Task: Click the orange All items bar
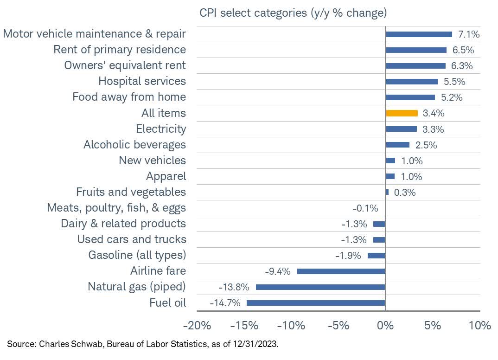[402, 113]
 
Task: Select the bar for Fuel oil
[316, 303]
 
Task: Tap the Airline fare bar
[341, 271]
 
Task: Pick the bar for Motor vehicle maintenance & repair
[419, 34]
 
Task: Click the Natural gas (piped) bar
[320, 287]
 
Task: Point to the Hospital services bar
[411, 82]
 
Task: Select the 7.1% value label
[468, 34]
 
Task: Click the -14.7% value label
[225, 303]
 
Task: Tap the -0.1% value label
[366, 208]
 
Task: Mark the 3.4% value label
[434, 113]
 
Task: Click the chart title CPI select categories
[293, 13]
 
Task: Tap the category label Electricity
[161, 129]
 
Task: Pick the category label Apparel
[166, 176]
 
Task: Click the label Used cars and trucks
[131, 239]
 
